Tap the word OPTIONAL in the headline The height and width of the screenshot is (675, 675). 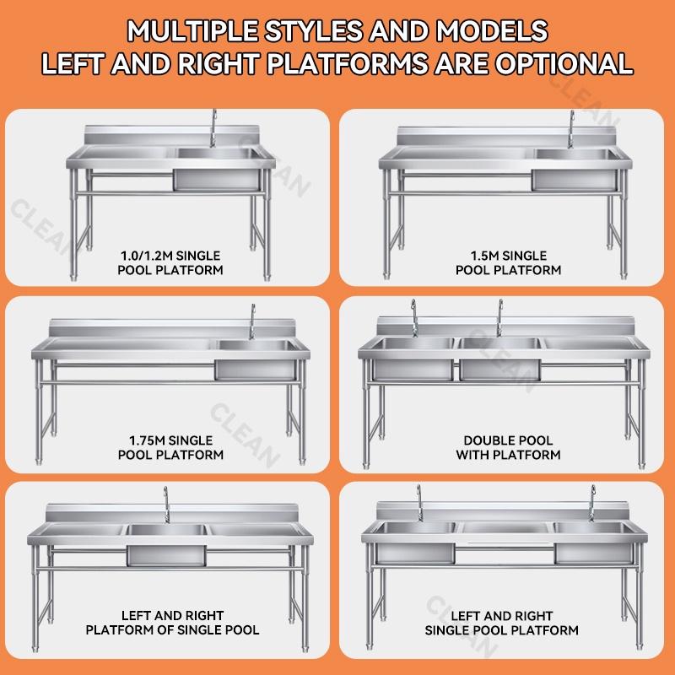[x=564, y=64]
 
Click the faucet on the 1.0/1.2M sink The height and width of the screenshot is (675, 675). [x=213, y=128]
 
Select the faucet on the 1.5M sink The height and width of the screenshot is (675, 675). [x=571, y=129]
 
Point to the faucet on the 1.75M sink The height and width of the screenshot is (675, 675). [x=252, y=322]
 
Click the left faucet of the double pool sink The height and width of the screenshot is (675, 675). [x=414, y=318]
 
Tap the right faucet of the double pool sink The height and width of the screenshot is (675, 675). [x=499, y=318]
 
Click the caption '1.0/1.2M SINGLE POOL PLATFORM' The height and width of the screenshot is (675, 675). [x=170, y=263]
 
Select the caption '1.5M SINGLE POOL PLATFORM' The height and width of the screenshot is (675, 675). [x=509, y=263]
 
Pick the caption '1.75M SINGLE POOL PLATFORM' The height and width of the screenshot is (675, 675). [x=171, y=448]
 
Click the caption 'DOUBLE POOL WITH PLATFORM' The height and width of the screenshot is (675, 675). [x=509, y=448]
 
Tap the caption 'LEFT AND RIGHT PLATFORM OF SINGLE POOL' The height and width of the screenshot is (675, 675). [x=172, y=623]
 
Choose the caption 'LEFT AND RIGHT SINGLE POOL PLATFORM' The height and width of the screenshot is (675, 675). [x=501, y=624]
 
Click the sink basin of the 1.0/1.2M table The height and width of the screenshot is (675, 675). [x=218, y=170]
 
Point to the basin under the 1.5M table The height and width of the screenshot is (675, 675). [x=575, y=170]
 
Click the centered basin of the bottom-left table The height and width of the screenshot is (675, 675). [x=166, y=545]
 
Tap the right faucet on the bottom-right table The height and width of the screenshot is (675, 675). [x=593, y=503]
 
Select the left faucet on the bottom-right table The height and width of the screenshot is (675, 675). [x=419, y=503]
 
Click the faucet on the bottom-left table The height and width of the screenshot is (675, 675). [x=166, y=505]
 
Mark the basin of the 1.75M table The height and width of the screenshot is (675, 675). [x=256, y=360]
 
